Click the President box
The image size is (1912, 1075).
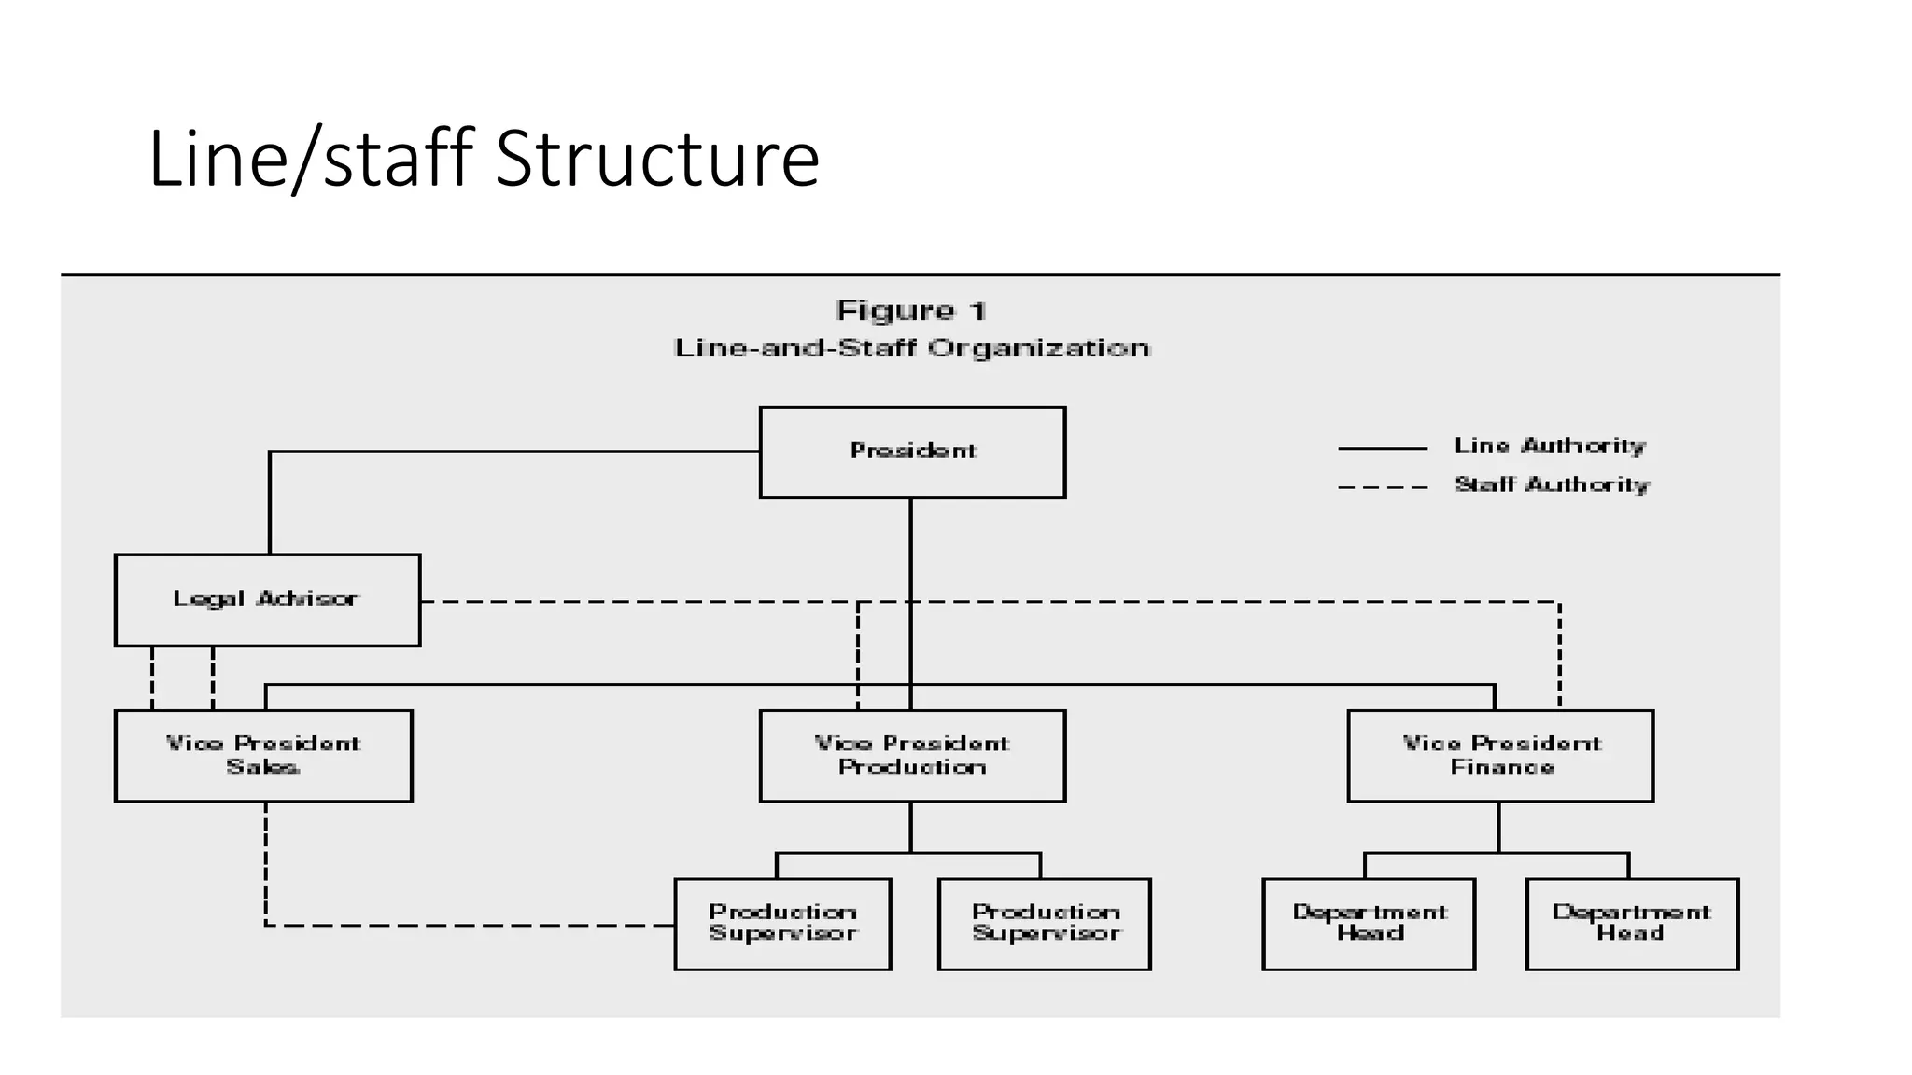click(912, 453)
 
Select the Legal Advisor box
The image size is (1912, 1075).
click(267, 600)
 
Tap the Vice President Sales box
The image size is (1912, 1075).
click(263, 756)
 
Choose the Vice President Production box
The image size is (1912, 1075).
click(912, 756)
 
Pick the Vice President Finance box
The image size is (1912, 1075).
click(1500, 756)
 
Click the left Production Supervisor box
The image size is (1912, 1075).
click(782, 924)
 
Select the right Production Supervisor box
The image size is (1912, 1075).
click(1044, 924)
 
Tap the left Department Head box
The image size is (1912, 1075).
click(1369, 924)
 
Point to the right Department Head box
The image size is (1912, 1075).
click(1632, 924)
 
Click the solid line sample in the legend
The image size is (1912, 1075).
click(1383, 449)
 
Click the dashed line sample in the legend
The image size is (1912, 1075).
click(1383, 487)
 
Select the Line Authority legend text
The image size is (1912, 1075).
click(1550, 446)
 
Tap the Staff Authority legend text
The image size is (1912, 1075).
click(1552, 485)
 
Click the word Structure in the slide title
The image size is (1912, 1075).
click(657, 159)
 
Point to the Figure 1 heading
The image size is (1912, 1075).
click(911, 311)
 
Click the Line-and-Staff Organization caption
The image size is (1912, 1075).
click(912, 349)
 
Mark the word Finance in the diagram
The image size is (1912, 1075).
click(1501, 767)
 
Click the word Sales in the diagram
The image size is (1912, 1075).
click(263, 767)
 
